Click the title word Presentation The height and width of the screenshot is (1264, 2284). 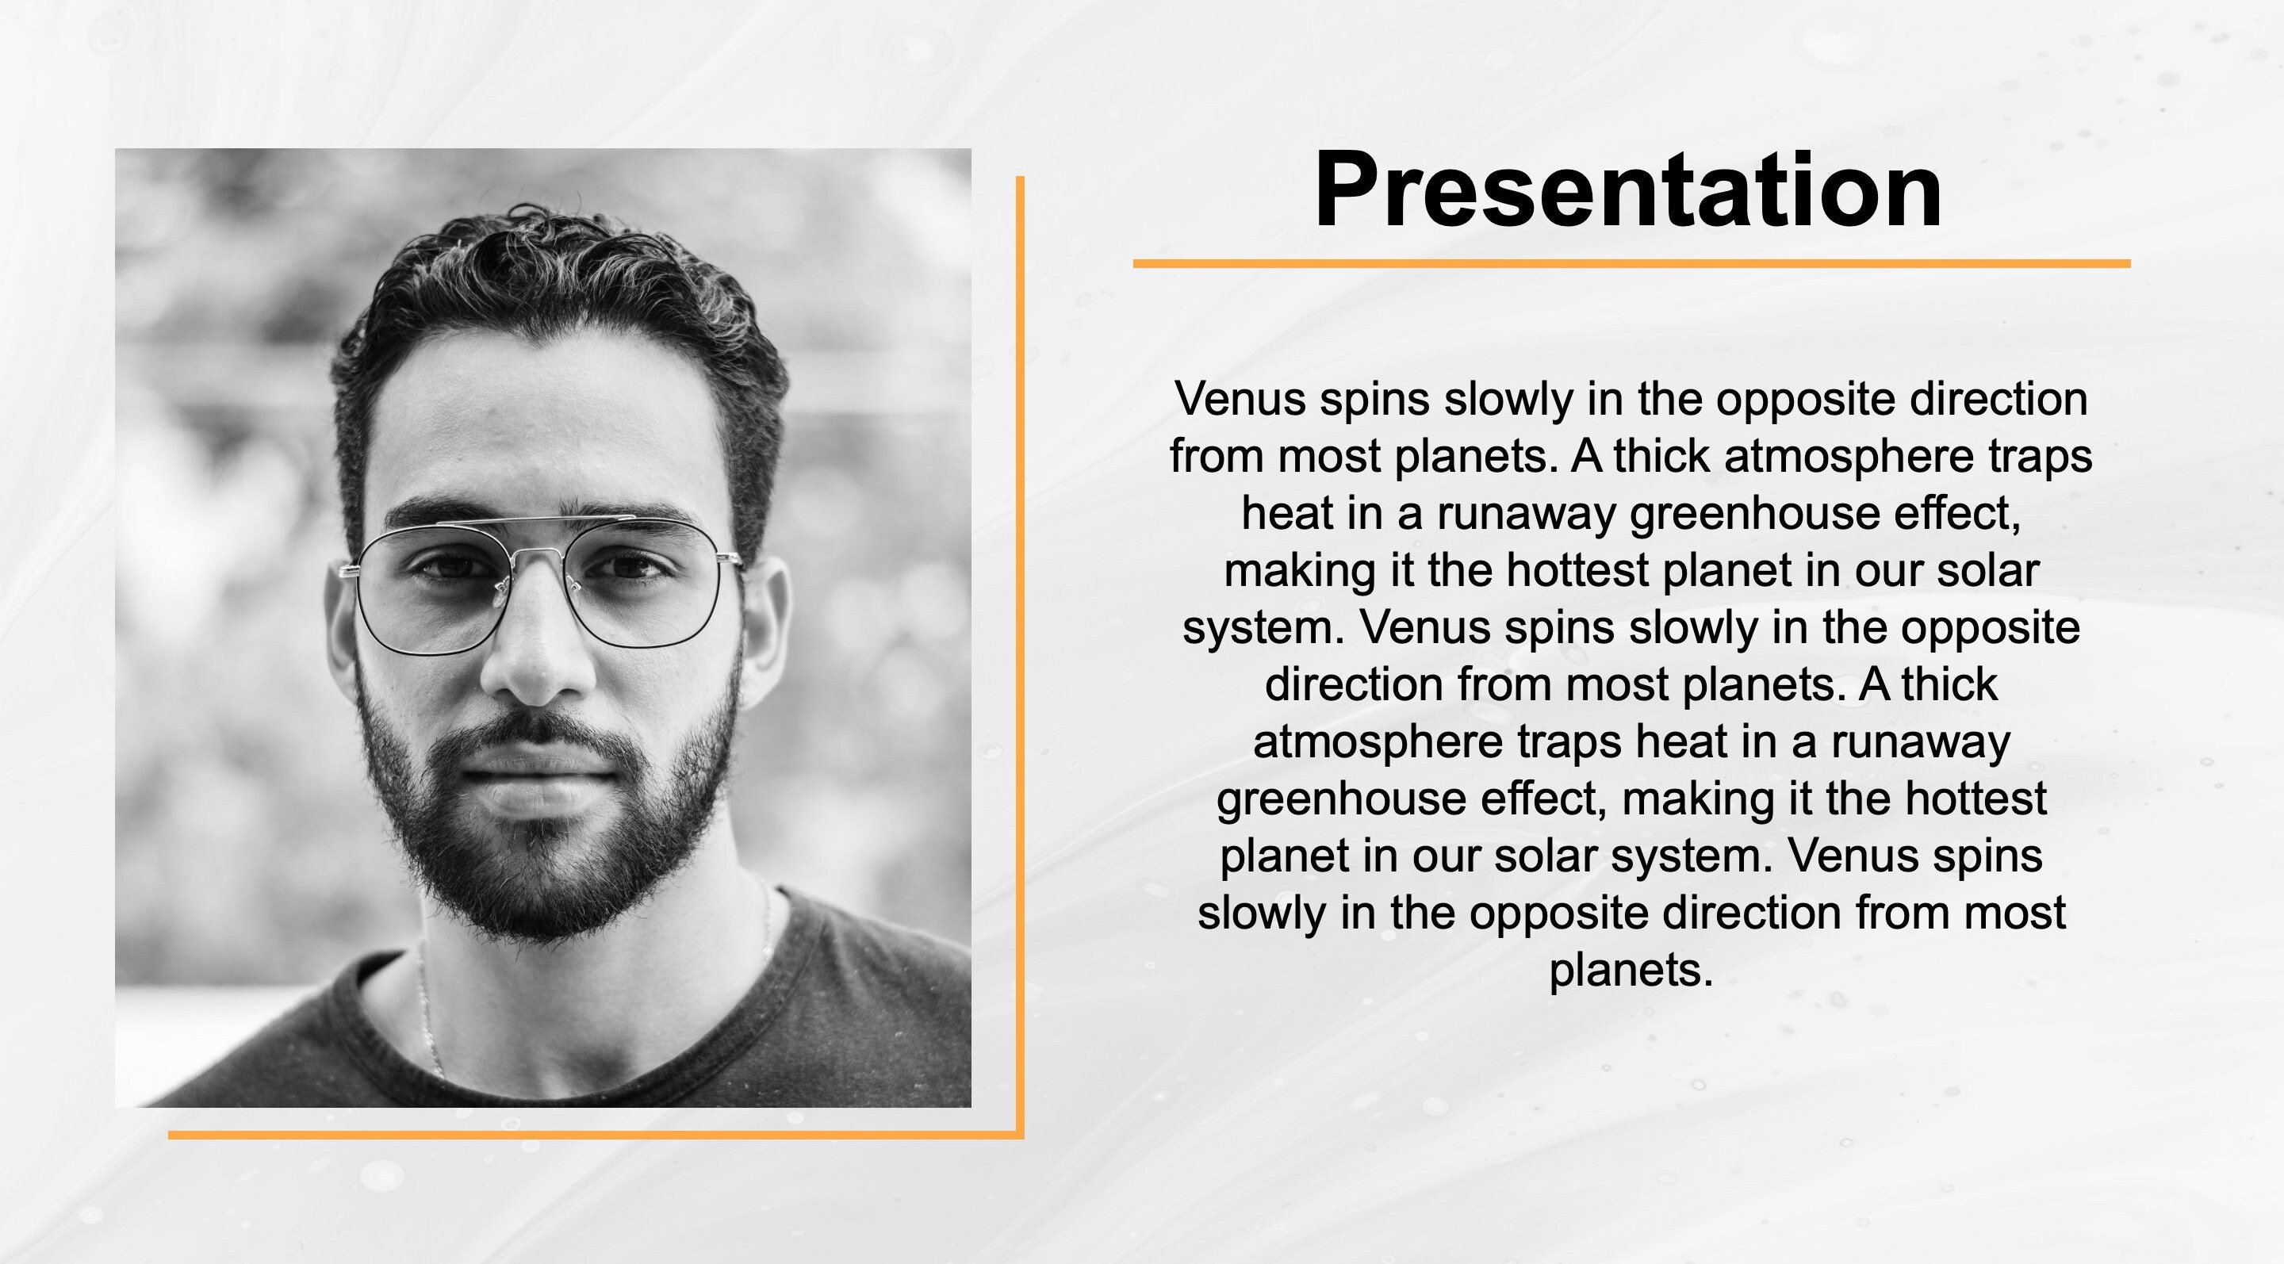point(1628,190)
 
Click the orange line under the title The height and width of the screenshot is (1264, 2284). point(1631,263)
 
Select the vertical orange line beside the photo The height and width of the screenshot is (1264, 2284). point(1020,656)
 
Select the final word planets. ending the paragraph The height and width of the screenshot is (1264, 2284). point(1631,971)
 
